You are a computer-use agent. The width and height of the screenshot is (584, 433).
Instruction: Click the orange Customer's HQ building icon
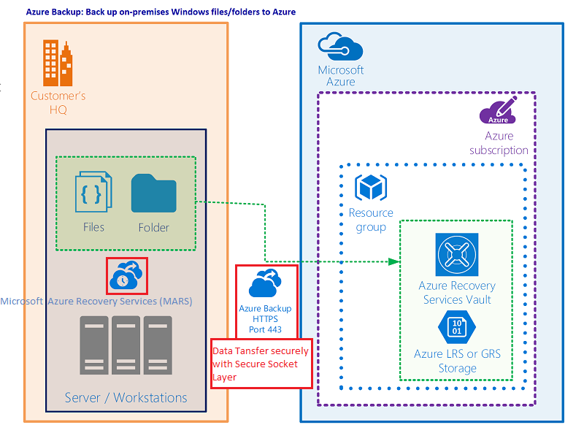58,61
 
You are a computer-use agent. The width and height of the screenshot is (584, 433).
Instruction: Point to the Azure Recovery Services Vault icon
457,255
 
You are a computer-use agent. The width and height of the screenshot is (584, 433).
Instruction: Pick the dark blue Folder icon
153,193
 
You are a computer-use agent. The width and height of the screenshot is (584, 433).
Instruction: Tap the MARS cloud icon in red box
127,275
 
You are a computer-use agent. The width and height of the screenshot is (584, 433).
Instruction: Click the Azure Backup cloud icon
266,283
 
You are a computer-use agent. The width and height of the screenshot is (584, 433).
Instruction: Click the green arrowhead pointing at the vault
395,261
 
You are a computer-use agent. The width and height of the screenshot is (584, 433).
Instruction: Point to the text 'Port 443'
266,329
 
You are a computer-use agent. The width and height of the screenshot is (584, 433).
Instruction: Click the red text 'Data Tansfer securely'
260,350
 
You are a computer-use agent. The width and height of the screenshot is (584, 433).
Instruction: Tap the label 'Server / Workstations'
126,398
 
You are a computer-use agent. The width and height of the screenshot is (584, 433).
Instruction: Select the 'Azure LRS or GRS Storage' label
457,361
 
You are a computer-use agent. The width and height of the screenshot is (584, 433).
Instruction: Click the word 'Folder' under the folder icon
153,227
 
